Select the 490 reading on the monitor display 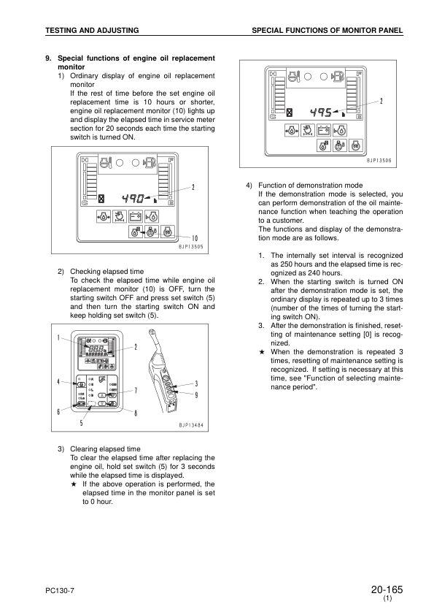pyautogui.click(x=133, y=197)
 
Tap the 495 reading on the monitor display pyautogui.click(x=320, y=112)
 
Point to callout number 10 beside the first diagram pyautogui.click(x=195, y=238)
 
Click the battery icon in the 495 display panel pyautogui.click(x=323, y=131)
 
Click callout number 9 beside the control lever pyautogui.click(x=196, y=395)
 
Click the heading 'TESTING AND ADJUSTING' pyautogui.click(x=92, y=30)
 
